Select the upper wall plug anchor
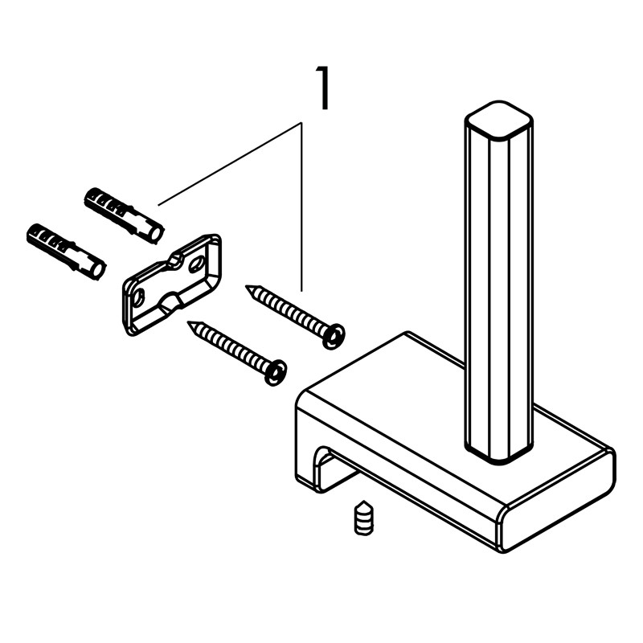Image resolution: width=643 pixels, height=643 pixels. coord(125,215)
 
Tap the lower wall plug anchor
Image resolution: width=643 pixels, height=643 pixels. coord(67,252)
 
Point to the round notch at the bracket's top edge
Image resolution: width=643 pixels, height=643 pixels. coord(176,260)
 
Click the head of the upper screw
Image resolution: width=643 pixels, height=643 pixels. coord(333,337)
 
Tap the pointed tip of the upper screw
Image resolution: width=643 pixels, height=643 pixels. coord(246,286)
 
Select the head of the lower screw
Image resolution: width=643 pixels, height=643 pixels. coord(275,372)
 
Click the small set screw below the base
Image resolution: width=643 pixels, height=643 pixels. coord(364,518)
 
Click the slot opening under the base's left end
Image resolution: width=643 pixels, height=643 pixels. coord(328,468)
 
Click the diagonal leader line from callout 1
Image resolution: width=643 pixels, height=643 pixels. coord(230,163)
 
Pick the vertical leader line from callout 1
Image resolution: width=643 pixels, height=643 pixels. coord(302,207)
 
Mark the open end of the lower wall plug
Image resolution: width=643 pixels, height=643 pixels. coord(97,271)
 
